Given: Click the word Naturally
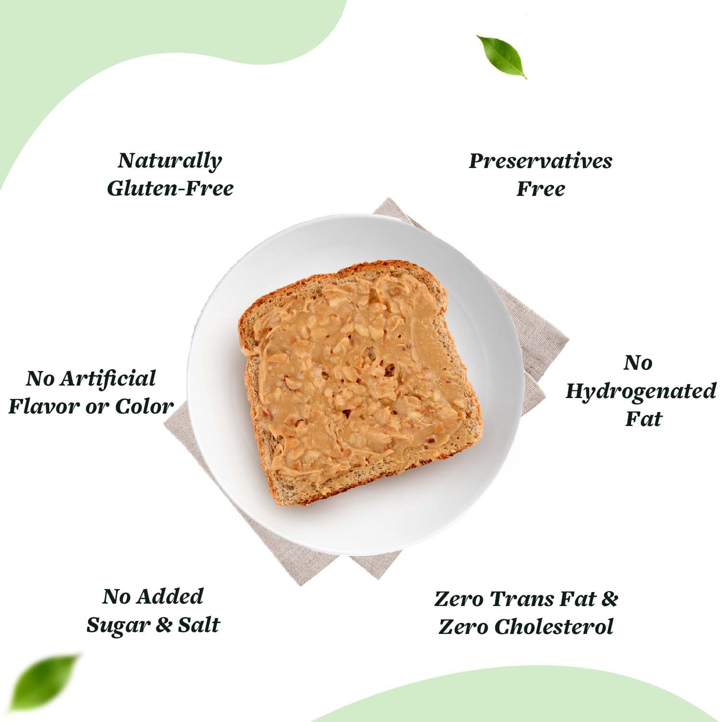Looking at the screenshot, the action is pyautogui.click(x=169, y=161).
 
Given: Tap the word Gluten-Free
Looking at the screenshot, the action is pyautogui.click(x=170, y=188).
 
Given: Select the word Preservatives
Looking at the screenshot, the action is pyautogui.click(x=541, y=161).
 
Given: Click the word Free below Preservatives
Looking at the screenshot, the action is pyautogui.click(x=541, y=188).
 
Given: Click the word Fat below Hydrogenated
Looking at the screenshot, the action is pyautogui.click(x=644, y=418).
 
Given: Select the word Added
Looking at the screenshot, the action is pyautogui.click(x=170, y=596).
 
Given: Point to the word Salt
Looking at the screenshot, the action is pyautogui.click(x=199, y=624).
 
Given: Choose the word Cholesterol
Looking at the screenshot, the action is pyautogui.click(x=554, y=627).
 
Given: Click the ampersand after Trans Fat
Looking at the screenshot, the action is pyautogui.click(x=609, y=599).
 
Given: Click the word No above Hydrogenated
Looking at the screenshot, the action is pyautogui.click(x=638, y=362).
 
